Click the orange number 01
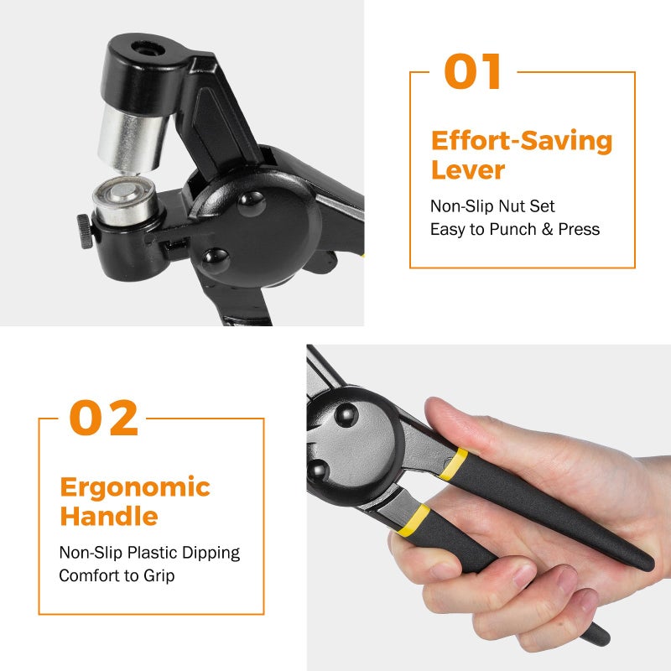tap(472, 72)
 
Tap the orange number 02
tap(103, 419)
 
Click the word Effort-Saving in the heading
tap(522, 141)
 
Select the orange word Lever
tap(468, 170)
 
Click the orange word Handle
tap(108, 517)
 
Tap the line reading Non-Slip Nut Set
tap(492, 205)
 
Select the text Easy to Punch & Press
tap(515, 229)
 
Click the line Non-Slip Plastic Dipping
tap(149, 553)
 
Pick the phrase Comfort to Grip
tap(117, 576)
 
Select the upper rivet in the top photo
tap(251, 201)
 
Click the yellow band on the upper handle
tap(456, 464)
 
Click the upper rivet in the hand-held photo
tap(346, 414)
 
